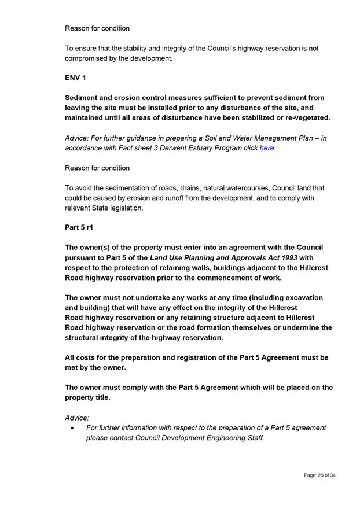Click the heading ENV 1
pyautogui.click(x=75, y=78)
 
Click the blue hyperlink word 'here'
pyautogui.click(x=266, y=148)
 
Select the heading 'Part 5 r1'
pyautogui.click(x=79, y=228)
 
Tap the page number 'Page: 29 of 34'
pyautogui.click(x=319, y=475)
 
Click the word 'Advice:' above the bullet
pyautogui.click(x=77, y=417)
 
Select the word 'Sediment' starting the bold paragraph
pyautogui.click(x=83, y=98)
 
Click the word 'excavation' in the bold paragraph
pyautogui.click(x=304, y=297)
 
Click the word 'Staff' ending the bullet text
pyautogui.click(x=253, y=438)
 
